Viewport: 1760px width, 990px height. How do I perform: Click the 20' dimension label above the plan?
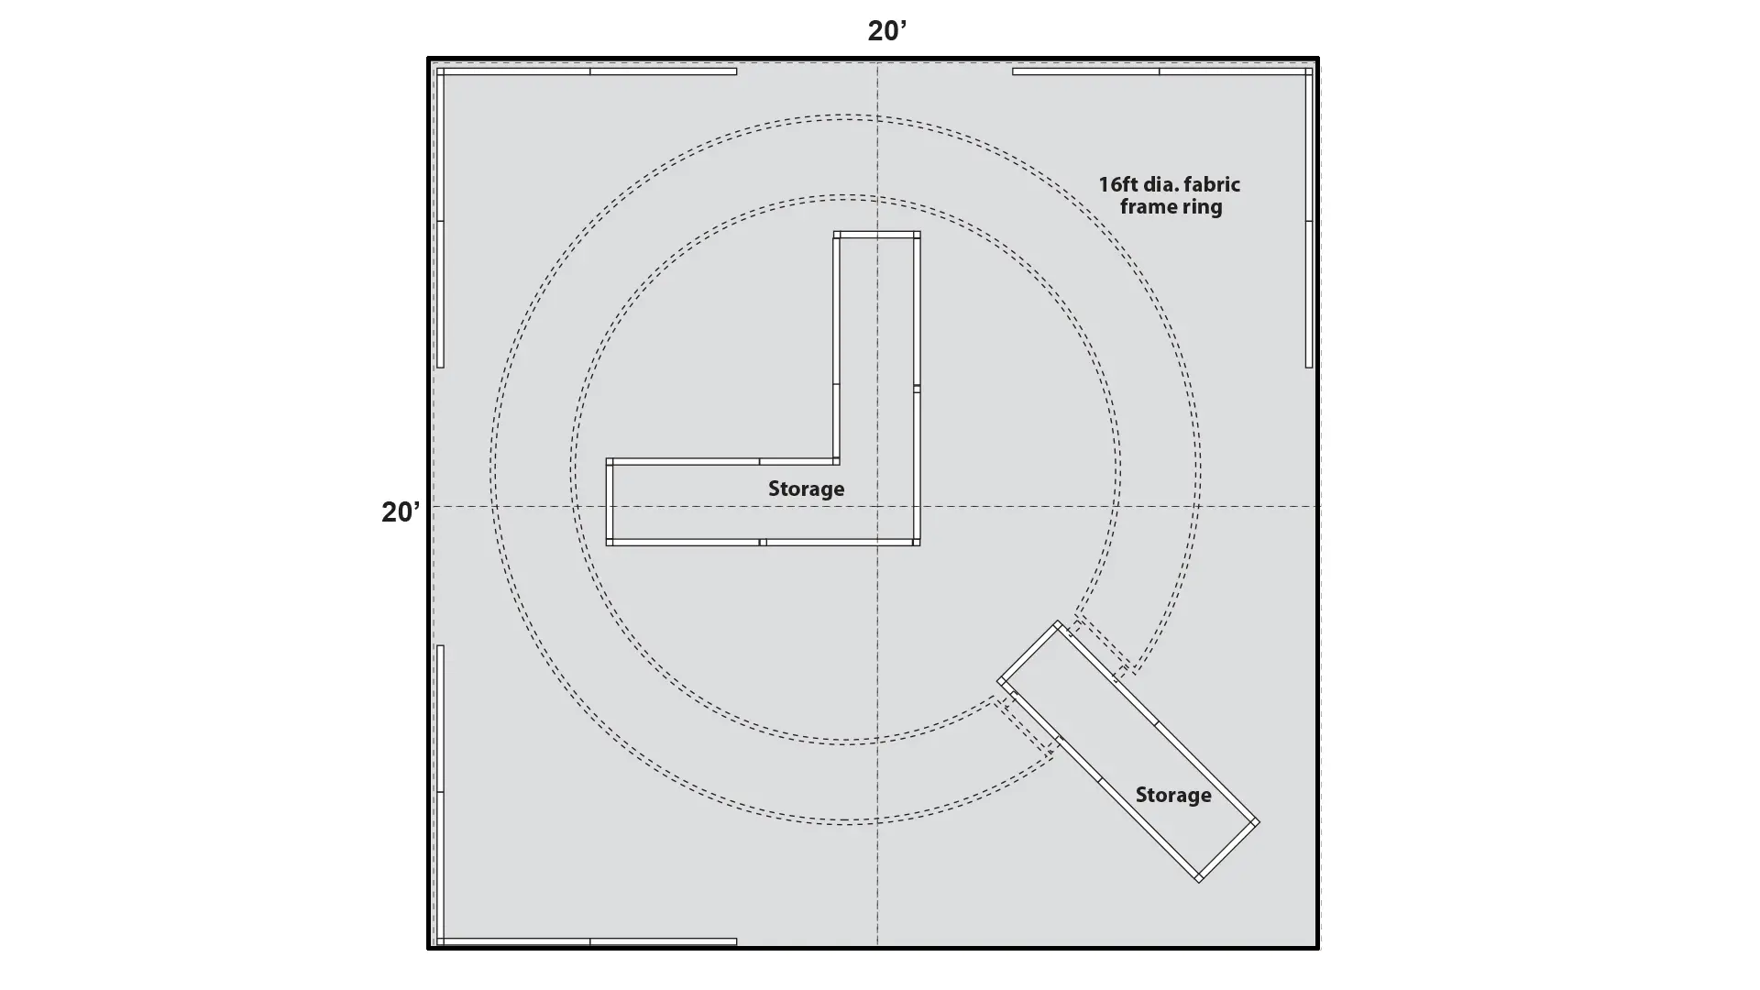886,30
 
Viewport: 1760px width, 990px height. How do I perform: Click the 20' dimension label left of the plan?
401,511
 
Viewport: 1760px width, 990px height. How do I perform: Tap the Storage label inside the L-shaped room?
806,489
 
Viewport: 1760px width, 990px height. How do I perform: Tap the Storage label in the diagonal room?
1173,795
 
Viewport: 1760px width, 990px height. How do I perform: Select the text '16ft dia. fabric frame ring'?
1170,195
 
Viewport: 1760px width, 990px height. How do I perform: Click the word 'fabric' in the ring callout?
1213,184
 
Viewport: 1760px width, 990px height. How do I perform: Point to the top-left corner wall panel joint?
440,71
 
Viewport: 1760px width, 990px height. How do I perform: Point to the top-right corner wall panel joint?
1309,71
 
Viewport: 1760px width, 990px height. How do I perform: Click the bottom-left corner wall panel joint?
440,941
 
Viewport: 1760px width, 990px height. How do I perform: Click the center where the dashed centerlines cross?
877,506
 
